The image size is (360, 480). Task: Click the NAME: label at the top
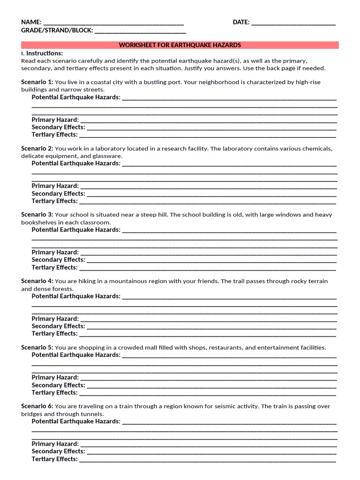tap(31, 22)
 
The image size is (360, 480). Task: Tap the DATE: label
tap(241, 22)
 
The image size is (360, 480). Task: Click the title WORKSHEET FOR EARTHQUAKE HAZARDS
tap(180, 45)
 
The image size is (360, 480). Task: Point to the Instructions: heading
tap(44, 53)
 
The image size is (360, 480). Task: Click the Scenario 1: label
tap(37, 82)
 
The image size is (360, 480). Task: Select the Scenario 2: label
tap(37, 149)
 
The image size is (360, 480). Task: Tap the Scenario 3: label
tap(37, 215)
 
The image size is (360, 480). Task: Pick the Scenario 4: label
tap(37, 281)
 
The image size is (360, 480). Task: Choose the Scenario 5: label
tap(37, 348)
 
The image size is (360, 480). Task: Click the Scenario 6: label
tap(37, 406)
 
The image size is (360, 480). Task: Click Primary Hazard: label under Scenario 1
tap(55, 120)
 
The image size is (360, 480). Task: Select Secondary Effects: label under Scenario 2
tap(59, 194)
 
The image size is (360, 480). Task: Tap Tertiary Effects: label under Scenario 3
tap(55, 268)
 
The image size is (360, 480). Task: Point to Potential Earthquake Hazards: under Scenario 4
tap(76, 296)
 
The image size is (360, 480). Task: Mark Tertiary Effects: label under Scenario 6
tap(55, 459)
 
